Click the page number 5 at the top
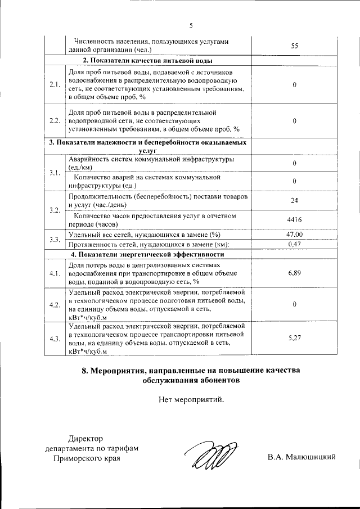[x=191, y=26]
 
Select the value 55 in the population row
[x=294, y=46]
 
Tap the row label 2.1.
[x=55, y=85]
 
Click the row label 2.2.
[x=55, y=121]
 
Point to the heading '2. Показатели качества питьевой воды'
[x=147, y=61]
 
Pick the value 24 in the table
[x=294, y=200]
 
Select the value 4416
[x=294, y=220]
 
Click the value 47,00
[x=294, y=235]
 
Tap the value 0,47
[x=294, y=244]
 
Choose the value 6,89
[x=294, y=273]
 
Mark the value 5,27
[x=294, y=338]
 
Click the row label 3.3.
[x=55, y=240]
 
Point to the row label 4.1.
[x=55, y=273]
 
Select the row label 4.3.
[x=55, y=339]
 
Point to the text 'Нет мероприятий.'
[x=191, y=400]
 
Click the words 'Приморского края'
[x=86, y=458]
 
